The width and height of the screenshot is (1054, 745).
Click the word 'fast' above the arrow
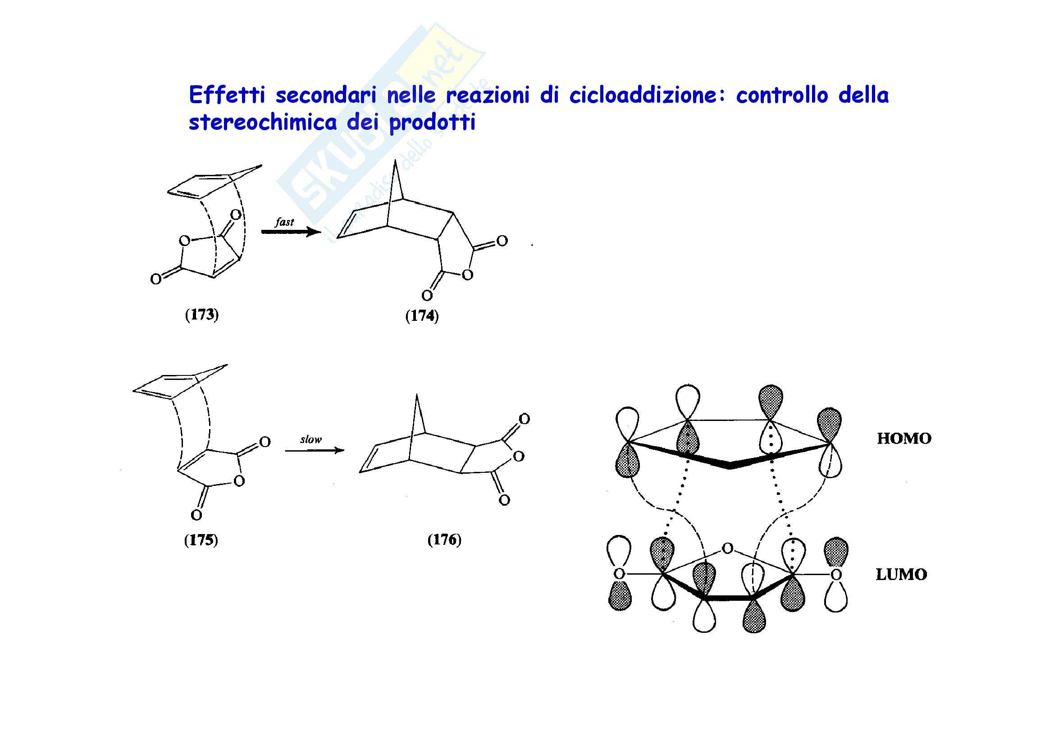[284, 222]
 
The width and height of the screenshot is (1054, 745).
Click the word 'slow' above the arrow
[311, 439]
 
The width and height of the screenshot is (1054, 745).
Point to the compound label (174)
[422, 316]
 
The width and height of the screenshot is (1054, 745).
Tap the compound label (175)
[201, 540]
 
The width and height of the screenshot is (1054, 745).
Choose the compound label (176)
[444, 540]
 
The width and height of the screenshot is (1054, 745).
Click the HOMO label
[904, 439]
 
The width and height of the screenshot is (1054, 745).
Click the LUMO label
[901, 574]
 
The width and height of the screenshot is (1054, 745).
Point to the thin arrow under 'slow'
[315, 451]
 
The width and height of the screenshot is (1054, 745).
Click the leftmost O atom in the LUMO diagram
[619, 573]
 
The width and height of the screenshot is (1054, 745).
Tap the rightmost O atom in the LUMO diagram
[836, 574]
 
